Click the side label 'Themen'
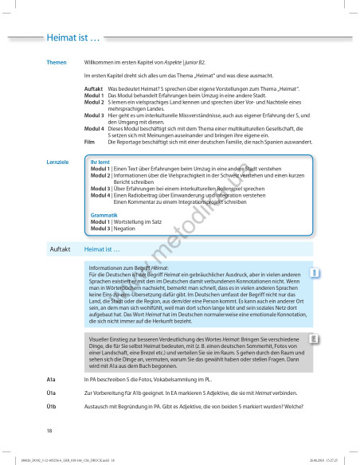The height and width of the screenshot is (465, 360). tap(56, 62)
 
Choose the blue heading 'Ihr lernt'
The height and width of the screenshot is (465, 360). tap(100, 141)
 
